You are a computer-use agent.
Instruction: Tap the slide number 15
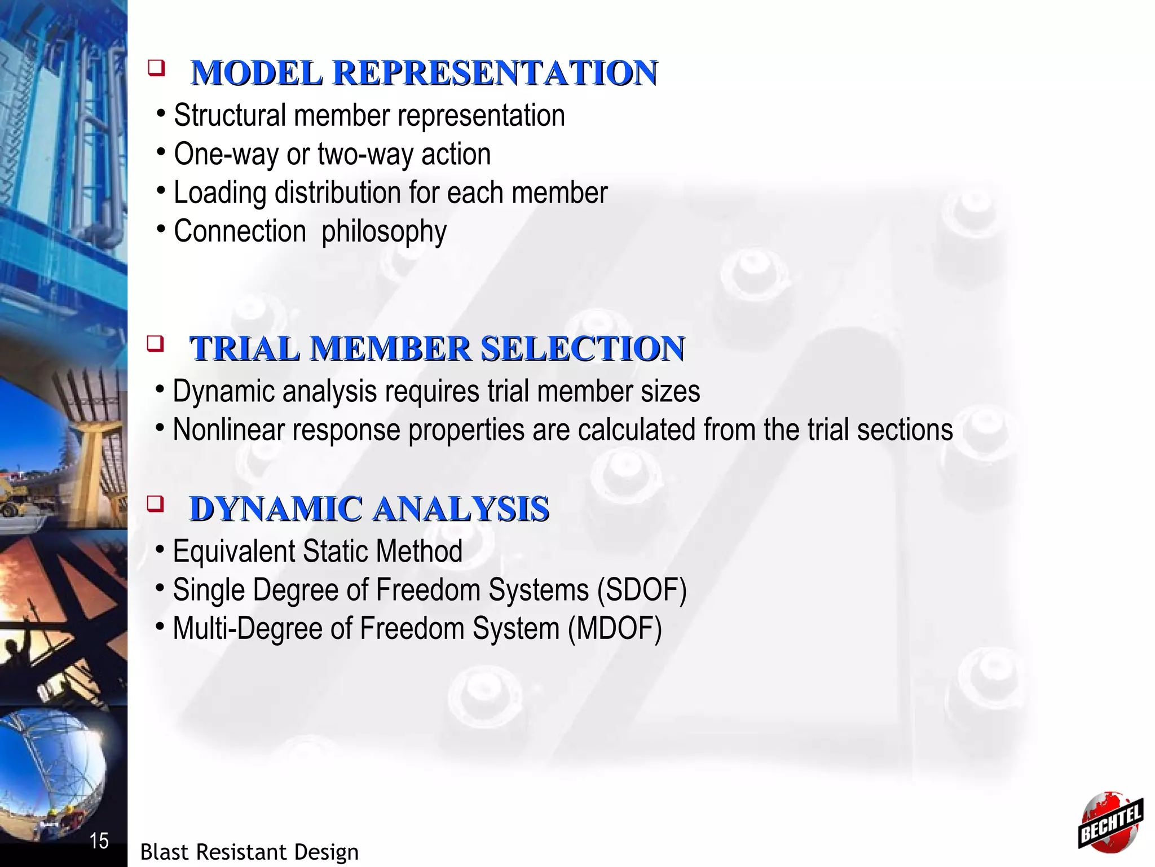pos(99,841)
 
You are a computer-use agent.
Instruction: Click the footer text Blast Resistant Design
pos(249,852)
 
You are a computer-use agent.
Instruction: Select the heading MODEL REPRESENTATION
pos(424,73)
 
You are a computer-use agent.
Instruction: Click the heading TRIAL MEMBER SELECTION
pos(437,348)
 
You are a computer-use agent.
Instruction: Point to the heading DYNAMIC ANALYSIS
pos(369,509)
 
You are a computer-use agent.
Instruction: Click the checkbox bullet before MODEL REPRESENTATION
pos(156,69)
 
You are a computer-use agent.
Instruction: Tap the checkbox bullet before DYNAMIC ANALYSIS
pos(155,503)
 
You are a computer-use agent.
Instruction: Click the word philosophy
pos(384,231)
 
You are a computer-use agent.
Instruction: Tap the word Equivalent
pos(233,551)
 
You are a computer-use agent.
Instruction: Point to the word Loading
pos(219,193)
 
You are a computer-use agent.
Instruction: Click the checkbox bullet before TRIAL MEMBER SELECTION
pos(155,343)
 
